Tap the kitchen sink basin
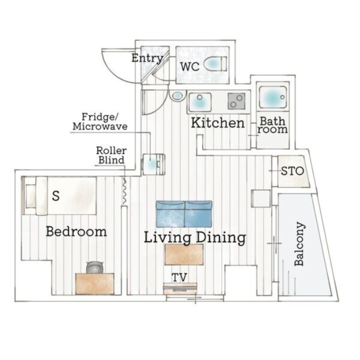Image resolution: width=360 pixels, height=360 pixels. point(200,102)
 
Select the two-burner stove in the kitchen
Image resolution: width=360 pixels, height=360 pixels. point(237,101)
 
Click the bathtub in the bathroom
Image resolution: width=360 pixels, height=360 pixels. point(273,97)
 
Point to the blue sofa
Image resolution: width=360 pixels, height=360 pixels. point(184,214)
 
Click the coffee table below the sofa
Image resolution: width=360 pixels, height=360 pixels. point(184,254)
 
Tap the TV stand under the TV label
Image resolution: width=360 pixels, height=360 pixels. point(180,288)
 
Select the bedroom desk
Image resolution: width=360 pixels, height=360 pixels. point(95,284)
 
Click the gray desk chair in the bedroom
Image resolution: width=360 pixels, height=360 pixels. point(94,267)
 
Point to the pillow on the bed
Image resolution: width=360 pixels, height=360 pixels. point(31,196)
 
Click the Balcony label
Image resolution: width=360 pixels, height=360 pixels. point(300,244)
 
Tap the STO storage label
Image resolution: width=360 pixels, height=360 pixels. point(292,171)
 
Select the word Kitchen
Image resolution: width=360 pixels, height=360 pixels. point(218,123)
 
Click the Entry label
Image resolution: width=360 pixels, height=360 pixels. point(148,58)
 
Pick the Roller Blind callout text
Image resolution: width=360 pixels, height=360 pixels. point(111,155)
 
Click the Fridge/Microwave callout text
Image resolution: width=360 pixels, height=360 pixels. point(100,121)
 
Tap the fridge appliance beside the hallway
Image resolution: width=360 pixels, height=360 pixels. point(154,164)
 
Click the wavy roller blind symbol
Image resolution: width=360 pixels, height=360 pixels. point(124,191)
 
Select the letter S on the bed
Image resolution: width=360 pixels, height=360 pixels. point(56,196)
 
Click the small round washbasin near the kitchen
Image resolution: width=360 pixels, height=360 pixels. point(177,96)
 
